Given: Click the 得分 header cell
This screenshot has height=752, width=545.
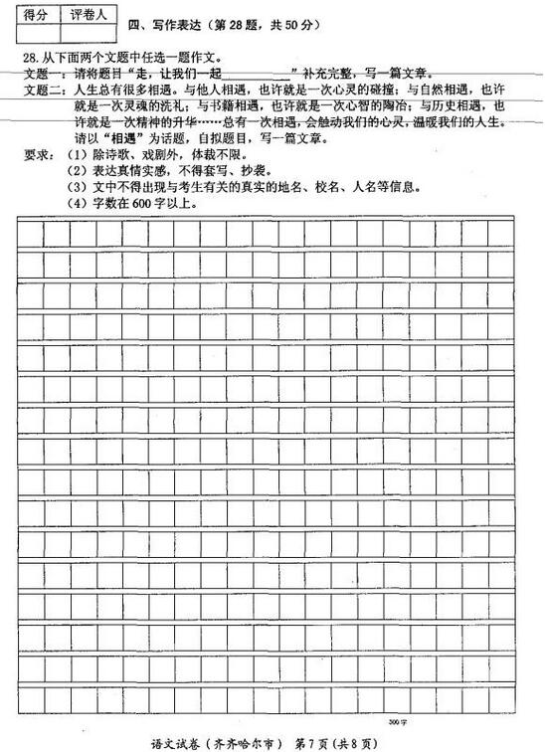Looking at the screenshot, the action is [36, 15].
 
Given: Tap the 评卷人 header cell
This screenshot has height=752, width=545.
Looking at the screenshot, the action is [89, 15].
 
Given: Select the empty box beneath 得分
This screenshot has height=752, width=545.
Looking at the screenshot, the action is [36, 36].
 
